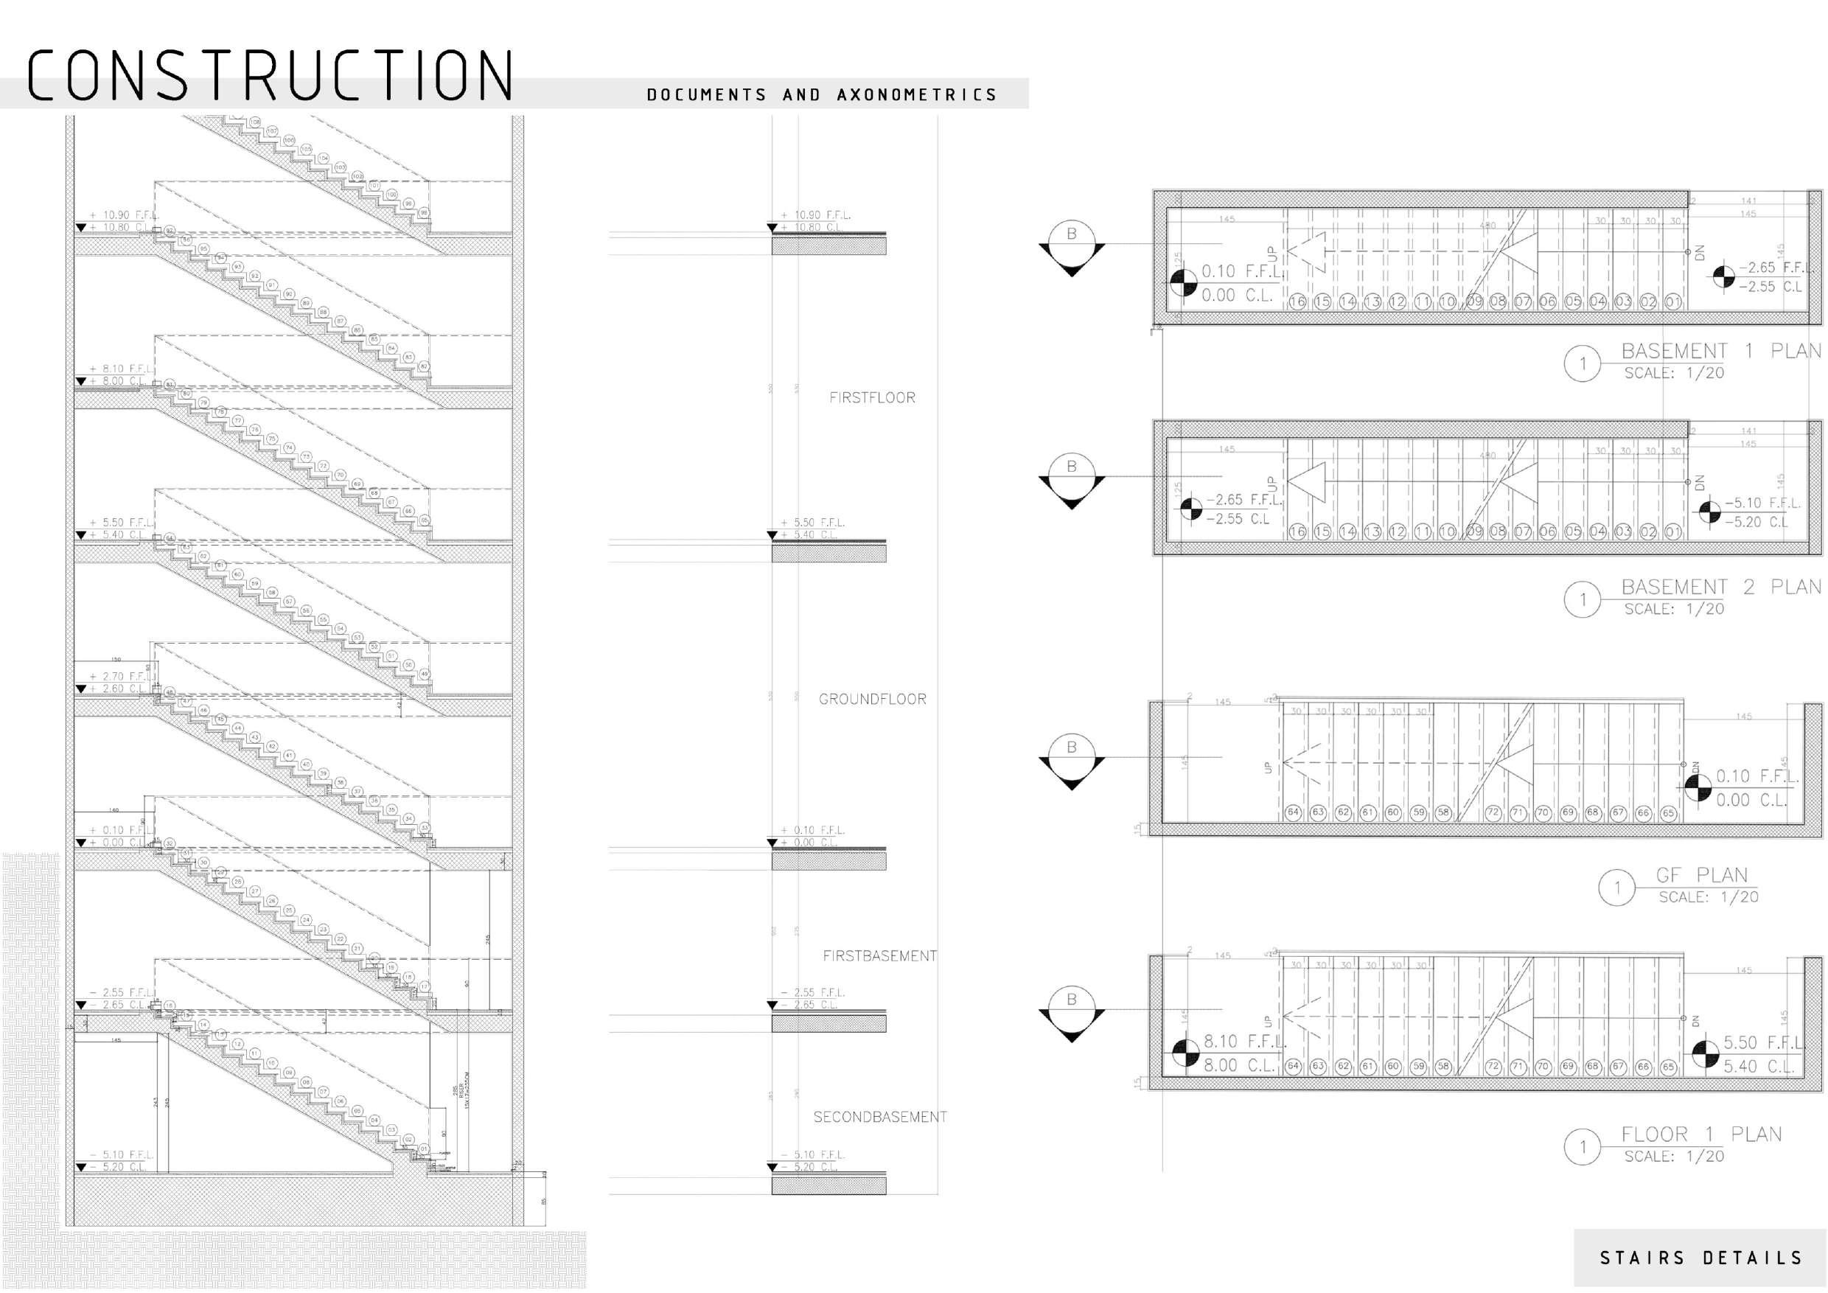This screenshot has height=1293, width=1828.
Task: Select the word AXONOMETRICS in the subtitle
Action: pos(916,96)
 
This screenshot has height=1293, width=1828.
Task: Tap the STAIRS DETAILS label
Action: pos(1700,1258)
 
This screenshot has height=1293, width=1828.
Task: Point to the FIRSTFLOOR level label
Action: pos(872,397)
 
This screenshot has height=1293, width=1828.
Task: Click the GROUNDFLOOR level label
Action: pos(872,699)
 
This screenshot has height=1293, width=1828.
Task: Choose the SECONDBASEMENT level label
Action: pos(880,1117)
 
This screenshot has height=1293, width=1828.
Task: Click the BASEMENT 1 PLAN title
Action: pos(1720,351)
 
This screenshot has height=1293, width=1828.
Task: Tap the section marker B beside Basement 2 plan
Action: pos(1072,467)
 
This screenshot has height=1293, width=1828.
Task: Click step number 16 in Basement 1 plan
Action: pos(1297,302)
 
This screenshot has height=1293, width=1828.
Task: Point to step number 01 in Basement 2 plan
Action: pos(1672,532)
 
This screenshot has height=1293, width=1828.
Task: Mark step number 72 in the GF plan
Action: pos(1493,813)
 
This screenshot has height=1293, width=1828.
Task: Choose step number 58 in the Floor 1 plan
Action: pos(1443,1067)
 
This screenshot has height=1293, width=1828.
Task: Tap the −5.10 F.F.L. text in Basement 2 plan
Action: pos(1762,503)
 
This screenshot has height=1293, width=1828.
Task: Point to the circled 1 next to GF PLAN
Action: pos(1616,888)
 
